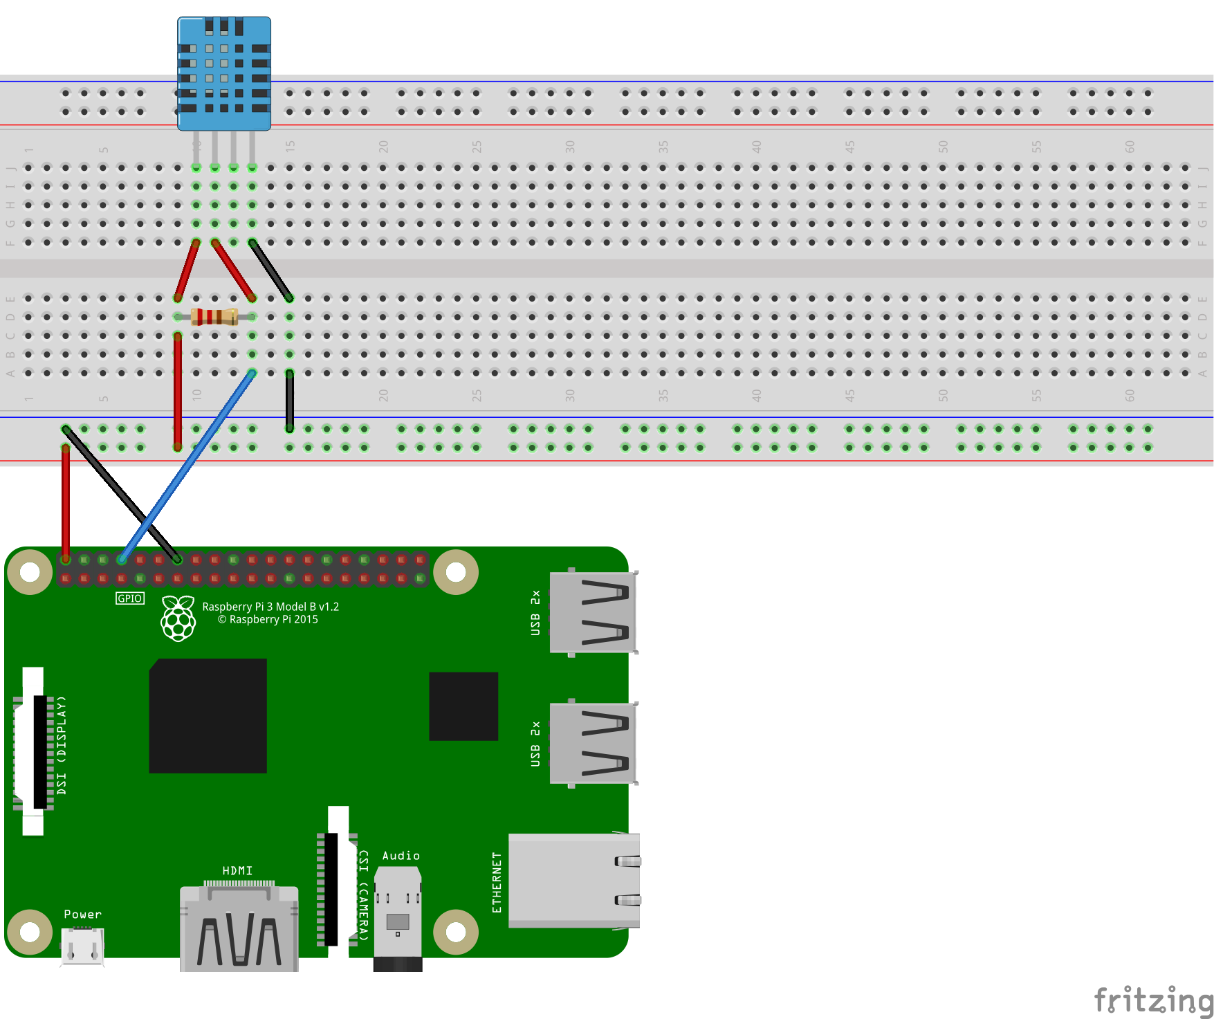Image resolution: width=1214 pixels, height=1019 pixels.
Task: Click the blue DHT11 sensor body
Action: (x=223, y=73)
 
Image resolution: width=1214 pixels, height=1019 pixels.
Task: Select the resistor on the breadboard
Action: (x=214, y=317)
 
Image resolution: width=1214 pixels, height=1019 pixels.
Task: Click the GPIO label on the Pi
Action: (x=130, y=598)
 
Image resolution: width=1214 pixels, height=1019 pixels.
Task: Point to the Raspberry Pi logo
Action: (x=178, y=618)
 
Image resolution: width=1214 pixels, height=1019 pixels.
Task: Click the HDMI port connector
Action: (x=239, y=930)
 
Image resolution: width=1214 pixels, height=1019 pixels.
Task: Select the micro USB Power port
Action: (x=82, y=946)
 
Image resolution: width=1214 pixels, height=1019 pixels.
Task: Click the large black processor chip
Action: (x=208, y=716)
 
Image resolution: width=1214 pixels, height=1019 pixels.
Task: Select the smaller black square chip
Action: (x=463, y=706)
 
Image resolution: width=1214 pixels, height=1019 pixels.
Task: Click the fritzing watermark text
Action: (x=1152, y=1000)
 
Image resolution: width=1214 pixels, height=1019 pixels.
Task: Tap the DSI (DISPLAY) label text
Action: (x=62, y=745)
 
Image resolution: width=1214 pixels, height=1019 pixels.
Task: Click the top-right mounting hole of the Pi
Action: (x=456, y=572)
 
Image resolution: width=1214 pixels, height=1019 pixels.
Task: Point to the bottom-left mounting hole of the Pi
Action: (x=30, y=932)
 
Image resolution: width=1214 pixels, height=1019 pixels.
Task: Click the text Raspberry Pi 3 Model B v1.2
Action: (x=270, y=607)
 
